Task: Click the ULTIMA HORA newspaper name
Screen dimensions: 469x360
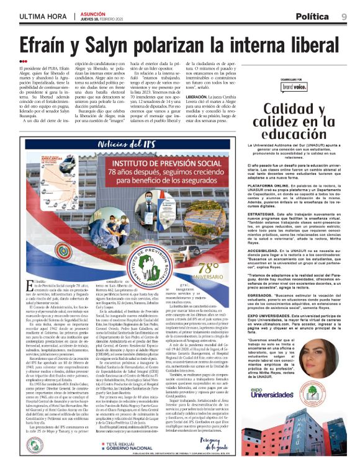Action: coord(40,16)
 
